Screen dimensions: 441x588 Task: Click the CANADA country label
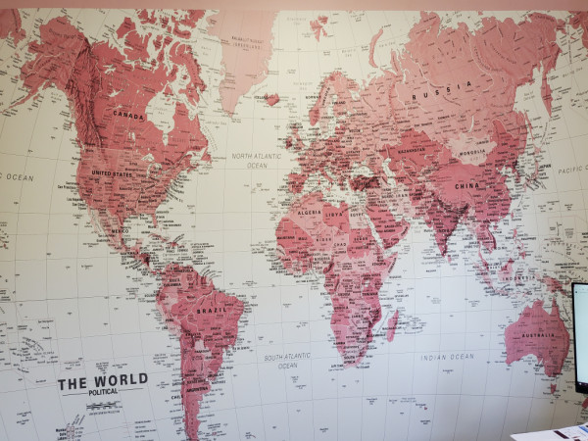128,114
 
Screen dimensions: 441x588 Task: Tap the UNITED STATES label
112,172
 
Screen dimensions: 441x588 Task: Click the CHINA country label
465,184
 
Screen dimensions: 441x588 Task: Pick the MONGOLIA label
472,152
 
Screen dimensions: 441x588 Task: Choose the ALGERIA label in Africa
309,212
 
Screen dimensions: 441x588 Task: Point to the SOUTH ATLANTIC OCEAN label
287,361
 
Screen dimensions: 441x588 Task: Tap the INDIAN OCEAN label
447,357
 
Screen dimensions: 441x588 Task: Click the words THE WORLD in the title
102,380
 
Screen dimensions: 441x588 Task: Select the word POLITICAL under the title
102,392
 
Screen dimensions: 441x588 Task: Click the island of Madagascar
393,324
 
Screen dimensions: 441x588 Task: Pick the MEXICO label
120,231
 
